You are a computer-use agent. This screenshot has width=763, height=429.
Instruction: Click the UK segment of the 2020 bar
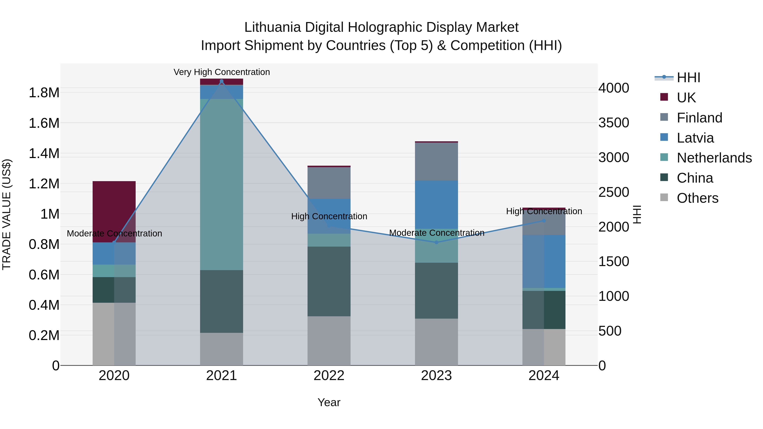click(x=114, y=211)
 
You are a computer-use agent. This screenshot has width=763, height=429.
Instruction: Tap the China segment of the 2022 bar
click(x=329, y=281)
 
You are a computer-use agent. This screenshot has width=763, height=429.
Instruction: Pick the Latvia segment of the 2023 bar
click(x=436, y=204)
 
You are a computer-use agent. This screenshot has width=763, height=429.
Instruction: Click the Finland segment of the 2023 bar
click(x=436, y=162)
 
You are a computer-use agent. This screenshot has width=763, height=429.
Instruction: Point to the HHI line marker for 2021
click(x=221, y=81)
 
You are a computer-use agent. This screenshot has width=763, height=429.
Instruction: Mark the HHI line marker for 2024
click(x=544, y=221)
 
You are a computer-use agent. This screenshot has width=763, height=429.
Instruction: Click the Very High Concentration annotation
click(x=221, y=72)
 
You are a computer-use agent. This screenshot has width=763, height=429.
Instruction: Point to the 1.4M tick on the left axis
click(x=44, y=153)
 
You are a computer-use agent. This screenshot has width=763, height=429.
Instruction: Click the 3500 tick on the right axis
click(x=614, y=123)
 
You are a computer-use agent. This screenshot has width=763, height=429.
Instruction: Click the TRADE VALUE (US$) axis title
click(x=7, y=214)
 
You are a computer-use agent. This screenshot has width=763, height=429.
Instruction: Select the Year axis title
click(x=329, y=402)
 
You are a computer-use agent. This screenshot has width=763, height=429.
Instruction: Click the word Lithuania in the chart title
click(x=273, y=27)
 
